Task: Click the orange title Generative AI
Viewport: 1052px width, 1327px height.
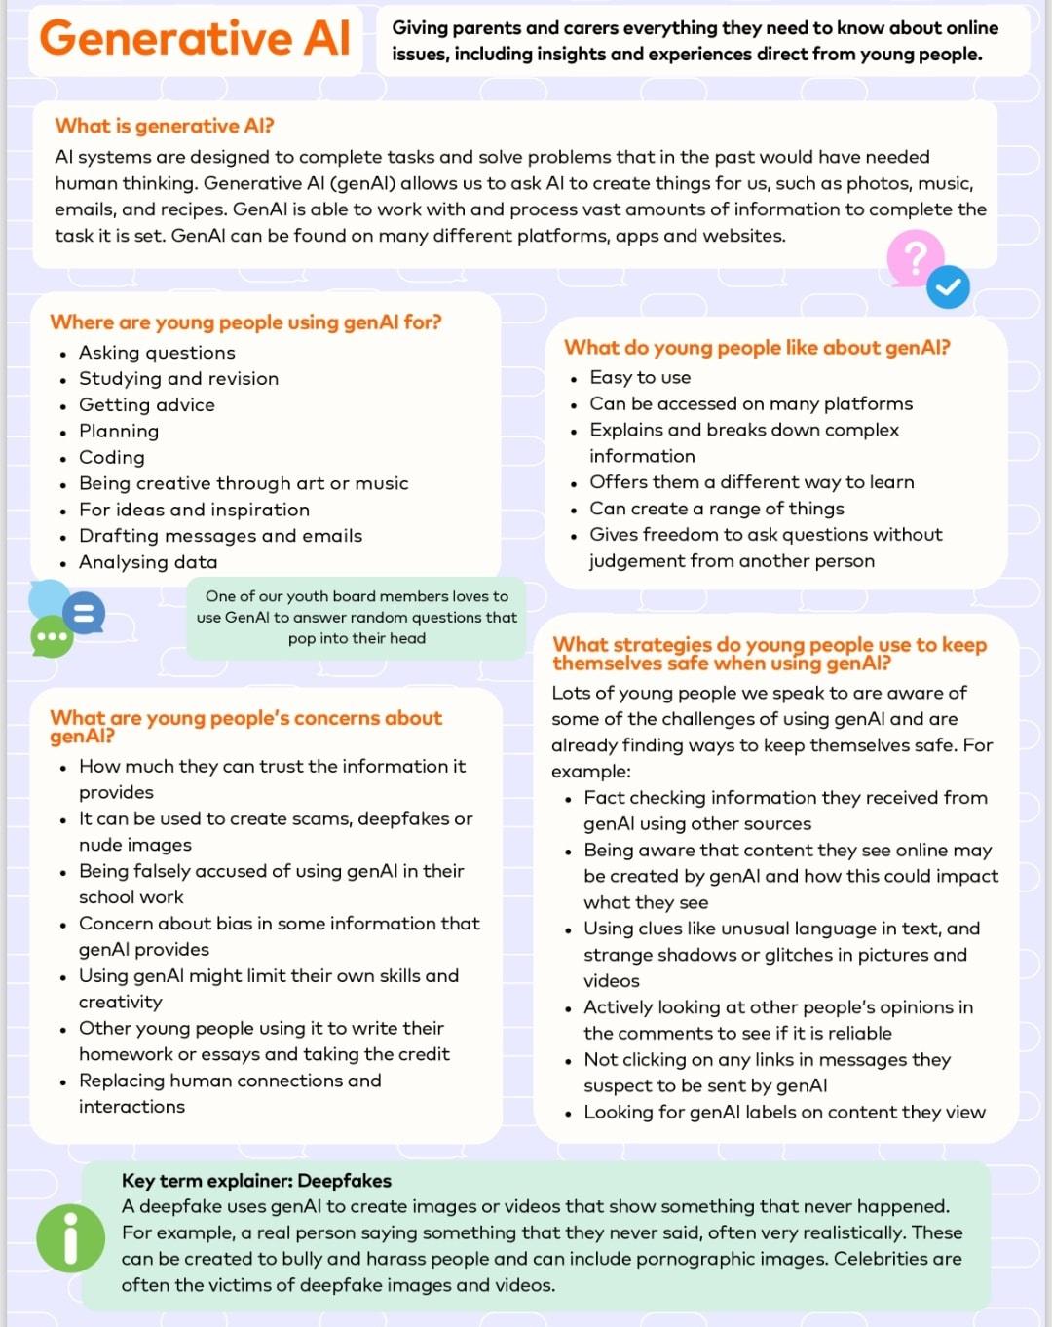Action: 195,39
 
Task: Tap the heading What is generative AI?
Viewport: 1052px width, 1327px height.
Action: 165,126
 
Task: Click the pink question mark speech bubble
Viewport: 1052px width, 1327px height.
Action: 914,257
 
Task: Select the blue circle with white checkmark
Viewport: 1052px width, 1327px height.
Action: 948,286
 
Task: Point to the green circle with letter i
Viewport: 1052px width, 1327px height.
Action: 70,1239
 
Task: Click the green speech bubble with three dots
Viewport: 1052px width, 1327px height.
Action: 52,637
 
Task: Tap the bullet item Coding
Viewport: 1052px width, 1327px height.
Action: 111,457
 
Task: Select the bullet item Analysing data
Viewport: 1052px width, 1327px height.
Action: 148,562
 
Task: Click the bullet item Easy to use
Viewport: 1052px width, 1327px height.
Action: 640,377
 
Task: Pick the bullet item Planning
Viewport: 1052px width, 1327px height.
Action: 119,431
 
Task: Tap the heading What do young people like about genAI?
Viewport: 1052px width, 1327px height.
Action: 757,348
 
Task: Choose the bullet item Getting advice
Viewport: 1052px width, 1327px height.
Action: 147,404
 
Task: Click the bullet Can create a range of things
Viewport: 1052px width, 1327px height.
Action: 717,509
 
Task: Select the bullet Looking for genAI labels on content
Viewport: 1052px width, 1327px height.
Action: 784,1113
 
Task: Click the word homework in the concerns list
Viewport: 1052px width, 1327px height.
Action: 125,1054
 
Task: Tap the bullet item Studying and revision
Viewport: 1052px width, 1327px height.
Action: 178,378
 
